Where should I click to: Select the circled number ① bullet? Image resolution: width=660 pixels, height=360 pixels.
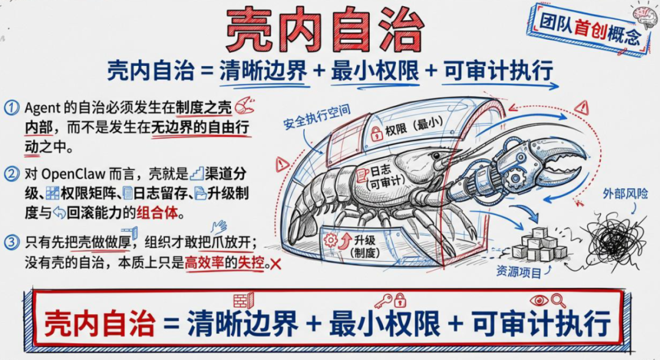(x=12, y=108)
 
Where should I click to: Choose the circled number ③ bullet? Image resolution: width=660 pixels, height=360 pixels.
(x=12, y=242)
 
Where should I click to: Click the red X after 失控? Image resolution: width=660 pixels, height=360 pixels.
(x=276, y=264)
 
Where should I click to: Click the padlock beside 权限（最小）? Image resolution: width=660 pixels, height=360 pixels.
(x=376, y=134)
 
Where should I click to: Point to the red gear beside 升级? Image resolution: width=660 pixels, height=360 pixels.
(x=331, y=240)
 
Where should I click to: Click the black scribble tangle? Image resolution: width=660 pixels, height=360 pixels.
(x=612, y=238)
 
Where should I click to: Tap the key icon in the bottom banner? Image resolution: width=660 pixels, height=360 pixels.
(x=383, y=301)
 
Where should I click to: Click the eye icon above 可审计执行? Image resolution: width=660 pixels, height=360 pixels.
(x=540, y=300)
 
